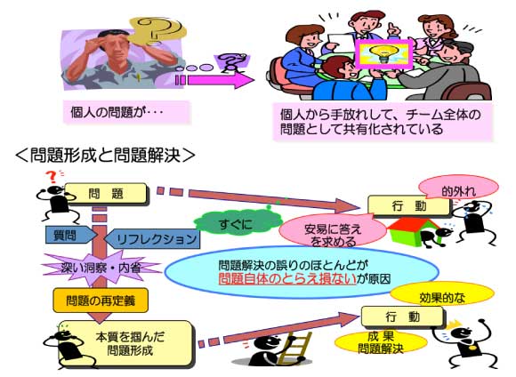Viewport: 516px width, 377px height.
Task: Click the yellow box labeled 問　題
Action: pos(105,194)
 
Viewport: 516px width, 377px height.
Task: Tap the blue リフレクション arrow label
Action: pos(152,238)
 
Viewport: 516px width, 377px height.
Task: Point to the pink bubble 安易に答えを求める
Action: pos(333,231)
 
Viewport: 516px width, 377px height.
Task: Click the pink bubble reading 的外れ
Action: pos(459,188)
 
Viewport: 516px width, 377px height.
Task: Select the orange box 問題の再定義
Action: pos(101,301)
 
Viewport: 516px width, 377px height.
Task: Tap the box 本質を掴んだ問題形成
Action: pos(125,343)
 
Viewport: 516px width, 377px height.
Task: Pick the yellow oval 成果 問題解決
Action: pos(381,343)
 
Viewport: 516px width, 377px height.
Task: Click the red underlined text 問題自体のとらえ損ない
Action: pos(287,278)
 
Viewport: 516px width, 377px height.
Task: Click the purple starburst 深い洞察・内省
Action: pos(101,268)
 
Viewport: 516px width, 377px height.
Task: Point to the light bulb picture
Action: pos(383,54)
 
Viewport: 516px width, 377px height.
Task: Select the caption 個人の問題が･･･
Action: pos(117,112)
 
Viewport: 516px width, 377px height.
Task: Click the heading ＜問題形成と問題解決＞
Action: pos(105,156)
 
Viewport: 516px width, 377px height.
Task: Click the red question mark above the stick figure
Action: pos(52,177)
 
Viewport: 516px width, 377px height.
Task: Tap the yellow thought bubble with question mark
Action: pos(157,30)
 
